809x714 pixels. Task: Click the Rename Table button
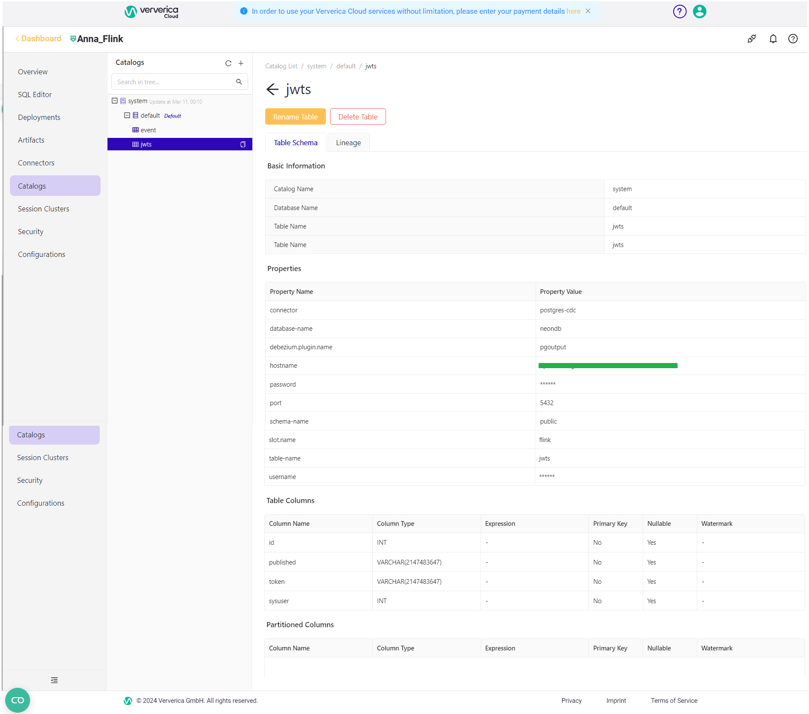point(295,116)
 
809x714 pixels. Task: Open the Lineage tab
point(348,143)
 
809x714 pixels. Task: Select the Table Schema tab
point(296,143)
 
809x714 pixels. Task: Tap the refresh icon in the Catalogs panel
point(228,63)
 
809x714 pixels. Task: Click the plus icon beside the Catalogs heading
point(241,63)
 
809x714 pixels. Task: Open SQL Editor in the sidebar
point(35,95)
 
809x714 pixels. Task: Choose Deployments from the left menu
point(39,117)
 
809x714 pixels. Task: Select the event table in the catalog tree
point(148,130)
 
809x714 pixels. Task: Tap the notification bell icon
point(773,39)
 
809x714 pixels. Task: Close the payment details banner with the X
point(588,11)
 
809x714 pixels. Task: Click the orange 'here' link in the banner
point(573,11)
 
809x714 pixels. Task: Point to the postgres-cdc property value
point(558,310)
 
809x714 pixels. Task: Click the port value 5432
point(547,403)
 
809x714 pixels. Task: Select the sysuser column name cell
point(279,601)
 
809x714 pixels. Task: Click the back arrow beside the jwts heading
point(273,89)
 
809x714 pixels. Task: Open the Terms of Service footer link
point(674,701)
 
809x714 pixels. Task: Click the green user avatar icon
point(699,12)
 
